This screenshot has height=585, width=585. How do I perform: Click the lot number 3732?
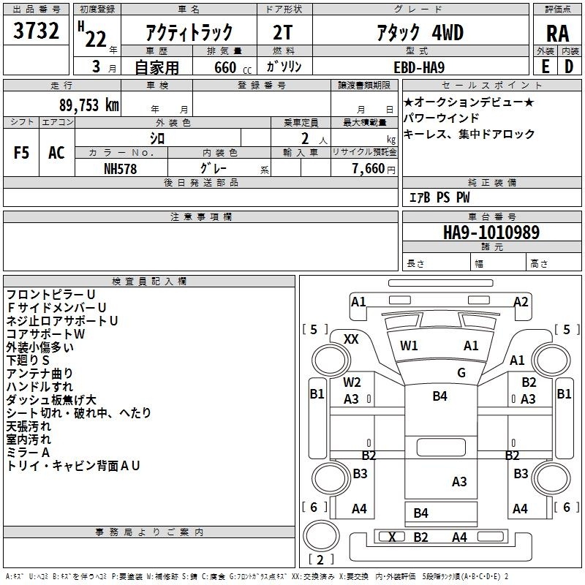(36, 31)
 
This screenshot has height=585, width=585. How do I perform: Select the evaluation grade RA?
(558, 34)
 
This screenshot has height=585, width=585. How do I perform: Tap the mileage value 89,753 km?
(89, 105)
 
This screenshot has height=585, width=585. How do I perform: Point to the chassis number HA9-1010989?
(491, 233)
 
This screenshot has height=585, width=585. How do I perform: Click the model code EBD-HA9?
(419, 67)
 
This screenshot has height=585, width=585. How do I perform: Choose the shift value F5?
(21, 153)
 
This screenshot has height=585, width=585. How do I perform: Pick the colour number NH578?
(120, 169)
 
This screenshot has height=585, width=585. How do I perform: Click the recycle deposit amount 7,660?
(369, 169)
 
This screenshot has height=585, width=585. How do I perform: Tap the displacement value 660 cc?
(233, 68)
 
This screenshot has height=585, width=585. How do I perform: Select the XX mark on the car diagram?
(351, 339)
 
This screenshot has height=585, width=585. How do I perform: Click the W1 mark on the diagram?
(409, 345)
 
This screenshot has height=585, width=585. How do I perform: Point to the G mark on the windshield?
(461, 372)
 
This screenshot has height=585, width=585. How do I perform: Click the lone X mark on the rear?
(392, 537)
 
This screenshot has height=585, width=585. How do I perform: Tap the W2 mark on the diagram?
(352, 382)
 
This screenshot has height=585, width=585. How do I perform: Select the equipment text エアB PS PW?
(439, 197)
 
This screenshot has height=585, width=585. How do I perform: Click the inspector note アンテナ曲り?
(39, 374)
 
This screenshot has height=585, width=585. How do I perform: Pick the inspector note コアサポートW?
(45, 334)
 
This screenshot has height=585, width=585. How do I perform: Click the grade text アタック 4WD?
(420, 33)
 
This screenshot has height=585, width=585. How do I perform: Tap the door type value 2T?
(282, 32)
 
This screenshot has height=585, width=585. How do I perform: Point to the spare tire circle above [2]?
(321, 535)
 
